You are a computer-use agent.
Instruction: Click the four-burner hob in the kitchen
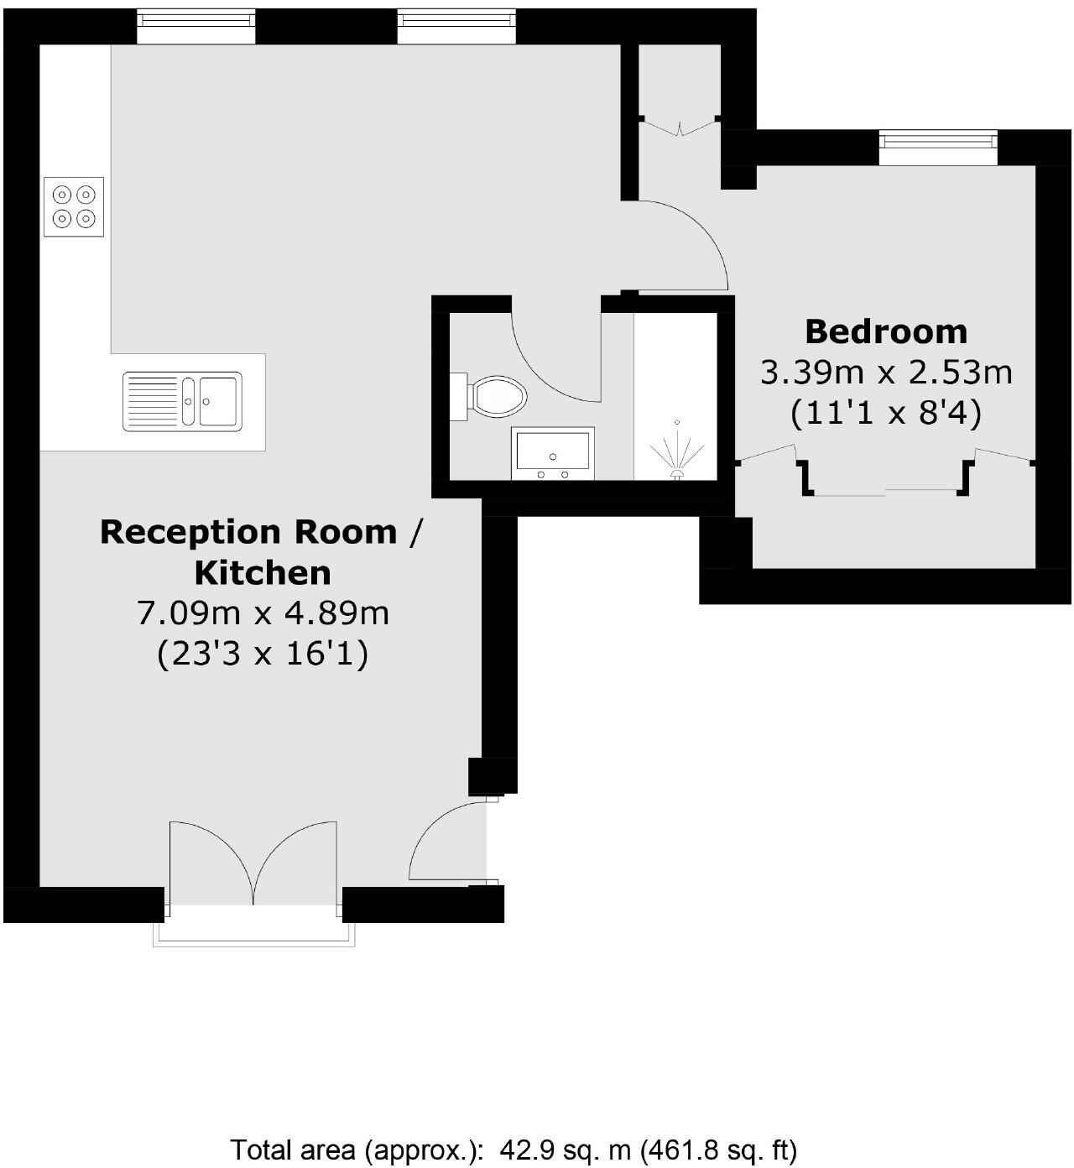point(74,206)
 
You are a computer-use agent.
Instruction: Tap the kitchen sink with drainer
point(182,401)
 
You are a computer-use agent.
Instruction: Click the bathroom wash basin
point(553,453)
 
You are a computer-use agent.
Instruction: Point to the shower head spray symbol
point(675,453)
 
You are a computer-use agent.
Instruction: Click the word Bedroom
point(886,332)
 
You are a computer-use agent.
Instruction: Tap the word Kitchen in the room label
point(263,573)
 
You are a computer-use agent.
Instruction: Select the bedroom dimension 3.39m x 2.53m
point(886,372)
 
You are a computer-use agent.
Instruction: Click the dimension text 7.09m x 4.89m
point(263,613)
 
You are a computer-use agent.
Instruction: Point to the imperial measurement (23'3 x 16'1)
point(263,654)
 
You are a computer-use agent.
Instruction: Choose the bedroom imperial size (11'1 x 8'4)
point(886,413)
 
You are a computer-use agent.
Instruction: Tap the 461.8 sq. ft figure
point(718,1149)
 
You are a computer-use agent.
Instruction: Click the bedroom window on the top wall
point(938,146)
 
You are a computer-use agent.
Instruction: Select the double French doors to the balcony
point(253,864)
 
